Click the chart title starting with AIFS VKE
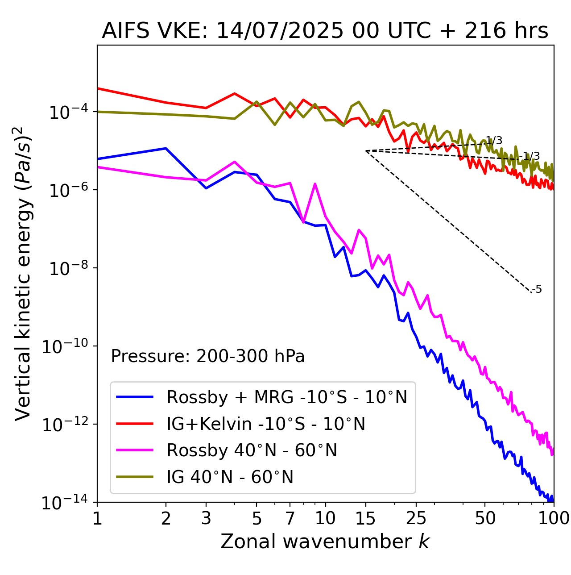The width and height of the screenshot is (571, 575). pos(325,31)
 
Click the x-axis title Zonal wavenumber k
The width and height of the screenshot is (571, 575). pos(325,541)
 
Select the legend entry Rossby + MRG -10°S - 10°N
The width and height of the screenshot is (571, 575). pos(286,397)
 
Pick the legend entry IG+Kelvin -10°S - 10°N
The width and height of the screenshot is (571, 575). pos(266,424)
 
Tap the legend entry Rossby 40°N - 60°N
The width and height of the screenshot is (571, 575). pos(252,450)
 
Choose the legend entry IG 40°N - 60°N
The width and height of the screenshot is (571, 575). pos(230,477)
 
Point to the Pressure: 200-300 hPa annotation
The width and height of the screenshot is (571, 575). pos(207,356)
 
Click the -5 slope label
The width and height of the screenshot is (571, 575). pos(537,289)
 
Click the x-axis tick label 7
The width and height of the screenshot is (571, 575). pos(290,518)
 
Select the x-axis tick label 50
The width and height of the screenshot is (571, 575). pos(485,518)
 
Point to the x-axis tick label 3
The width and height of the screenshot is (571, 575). pos(206,518)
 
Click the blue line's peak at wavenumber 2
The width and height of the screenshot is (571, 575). pos(166,148)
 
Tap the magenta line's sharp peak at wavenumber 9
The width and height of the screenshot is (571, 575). pos(315,184)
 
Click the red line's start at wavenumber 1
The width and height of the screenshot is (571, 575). pos(98,88)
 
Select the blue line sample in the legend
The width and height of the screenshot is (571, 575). pos(135,397)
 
